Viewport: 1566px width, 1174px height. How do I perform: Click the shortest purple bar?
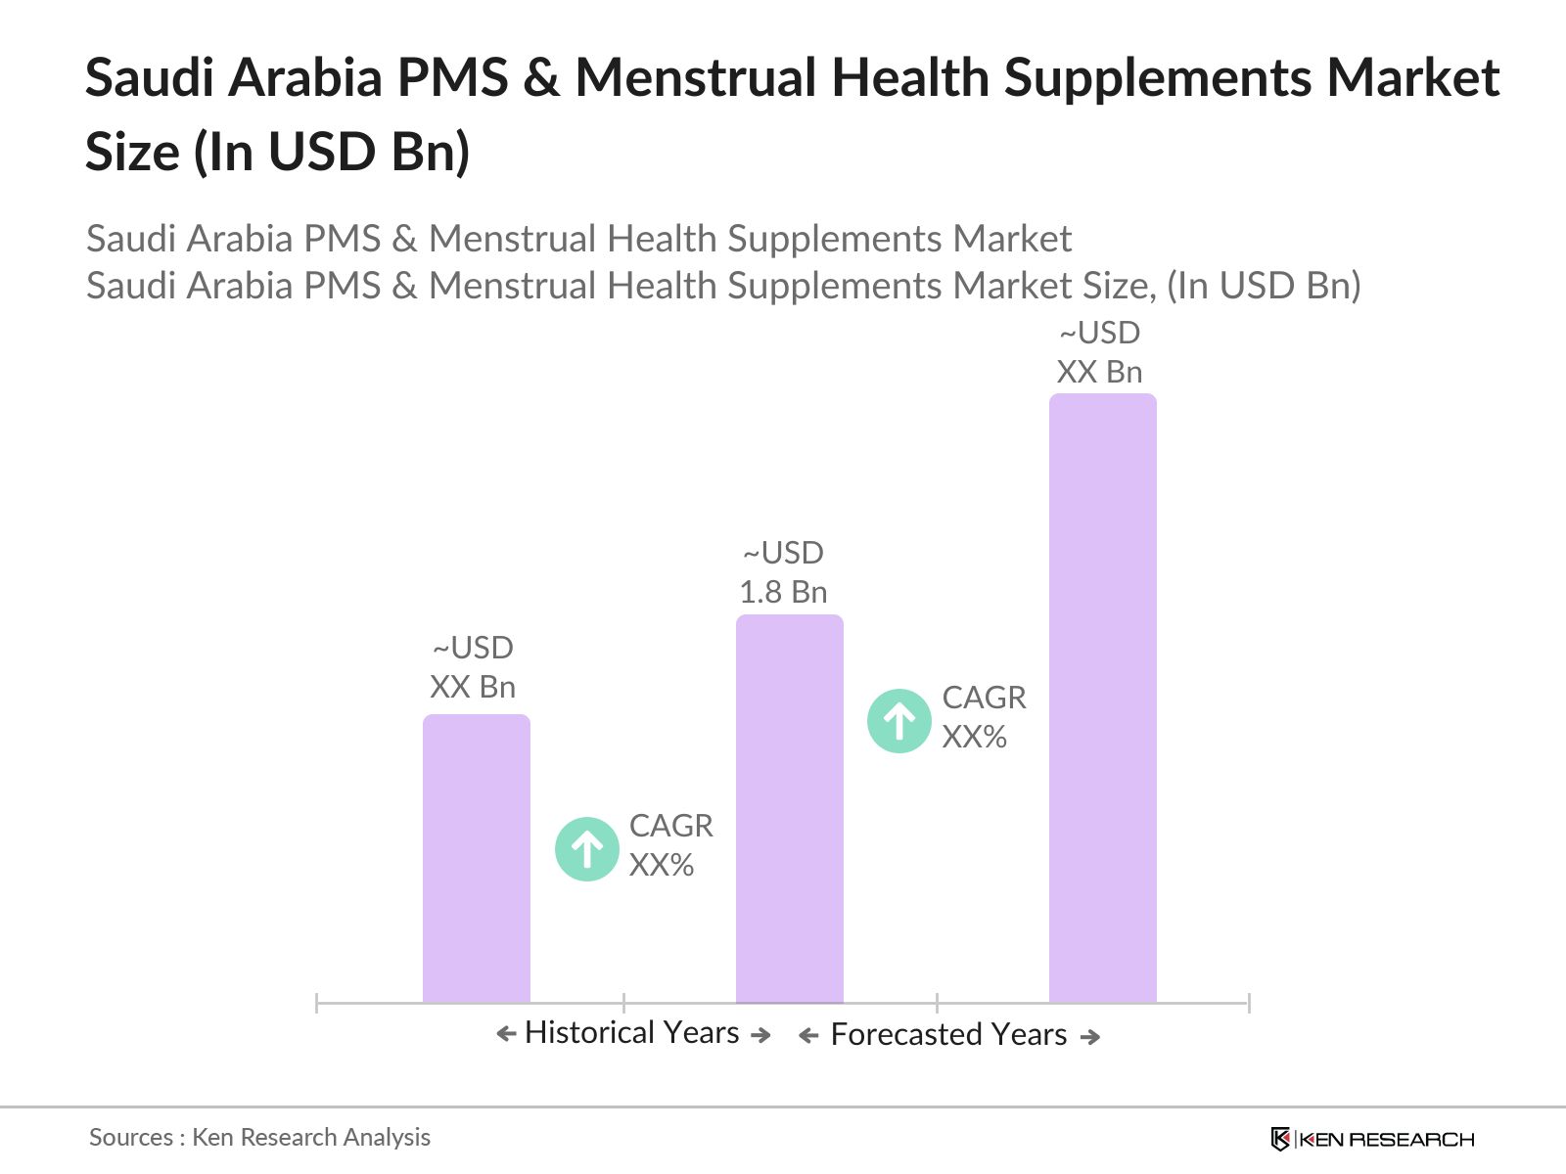click(x=477, y=858)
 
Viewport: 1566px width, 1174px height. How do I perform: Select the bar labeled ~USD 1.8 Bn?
click(x=790, y=808)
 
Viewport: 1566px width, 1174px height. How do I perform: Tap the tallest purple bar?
click(x=1103, y=698)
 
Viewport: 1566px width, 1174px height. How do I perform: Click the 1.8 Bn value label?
click(x=783, y=592)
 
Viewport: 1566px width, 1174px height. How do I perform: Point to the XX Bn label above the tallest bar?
click(x=1099, y=372)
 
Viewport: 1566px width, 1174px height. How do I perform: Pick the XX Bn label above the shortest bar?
click(x=473, y=687)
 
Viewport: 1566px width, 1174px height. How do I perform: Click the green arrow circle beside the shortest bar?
click(x=587, y=849)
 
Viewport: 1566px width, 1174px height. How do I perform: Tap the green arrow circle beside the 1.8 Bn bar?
click(x=898, y=721)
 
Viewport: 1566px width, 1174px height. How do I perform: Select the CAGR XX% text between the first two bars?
click(x=670, y=845)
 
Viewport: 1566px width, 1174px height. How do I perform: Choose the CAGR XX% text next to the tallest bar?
click(x=984, y=717)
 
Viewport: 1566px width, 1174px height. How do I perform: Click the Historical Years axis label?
click(x=632, y=1033)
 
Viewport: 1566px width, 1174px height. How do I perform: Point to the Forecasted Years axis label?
click(x=948, y=1034)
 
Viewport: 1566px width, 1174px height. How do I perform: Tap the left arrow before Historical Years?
click(x=507, y=1033)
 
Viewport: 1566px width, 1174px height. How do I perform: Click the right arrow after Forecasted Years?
click(x=1089, y=1036)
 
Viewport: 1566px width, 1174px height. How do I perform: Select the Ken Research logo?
click(x=1372, y=1139)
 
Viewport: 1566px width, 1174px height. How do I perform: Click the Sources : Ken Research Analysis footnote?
click(x=259, y=1138)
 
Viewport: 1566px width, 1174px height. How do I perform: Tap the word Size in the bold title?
click(x=133, y=152)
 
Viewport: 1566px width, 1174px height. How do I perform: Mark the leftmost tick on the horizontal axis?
click(x=317, y=1003)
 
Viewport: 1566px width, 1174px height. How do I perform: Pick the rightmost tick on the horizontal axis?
click(x=1249, y=1003)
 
